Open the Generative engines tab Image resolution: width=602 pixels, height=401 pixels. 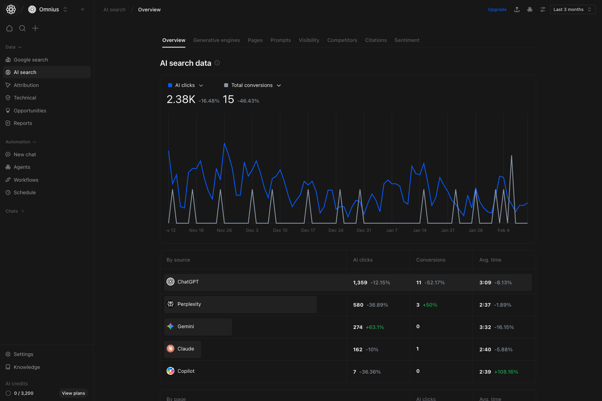tap(216, 40)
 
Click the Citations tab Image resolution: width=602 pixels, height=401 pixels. tap(375, 40)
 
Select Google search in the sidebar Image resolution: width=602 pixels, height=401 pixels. tap(31, 60)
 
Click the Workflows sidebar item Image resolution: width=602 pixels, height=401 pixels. tap(26, 180)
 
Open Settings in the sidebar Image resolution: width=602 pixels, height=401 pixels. tap(24, 354)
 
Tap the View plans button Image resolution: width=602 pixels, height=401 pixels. tap(73, 393)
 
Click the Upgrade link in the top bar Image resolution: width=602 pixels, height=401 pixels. tap(497, 9)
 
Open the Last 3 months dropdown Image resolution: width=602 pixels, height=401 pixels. tap(572, 9)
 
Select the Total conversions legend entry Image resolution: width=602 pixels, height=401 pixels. tap(252, 85)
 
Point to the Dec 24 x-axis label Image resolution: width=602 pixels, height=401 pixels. tap(336, 230)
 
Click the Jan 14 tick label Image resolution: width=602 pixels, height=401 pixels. tap(419, 230)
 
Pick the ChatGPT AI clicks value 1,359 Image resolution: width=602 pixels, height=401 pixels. tap(360, 283)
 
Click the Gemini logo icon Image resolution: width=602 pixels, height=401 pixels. tap(170, 327)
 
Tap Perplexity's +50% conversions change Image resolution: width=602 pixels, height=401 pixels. tap(430, 305)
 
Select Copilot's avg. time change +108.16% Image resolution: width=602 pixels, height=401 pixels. tap(506, 372)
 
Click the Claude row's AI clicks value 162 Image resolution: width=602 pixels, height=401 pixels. tap(358, 350)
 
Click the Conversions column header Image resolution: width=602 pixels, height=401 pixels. tap(431, 260)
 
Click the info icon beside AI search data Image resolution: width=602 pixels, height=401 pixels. tap(217, 63)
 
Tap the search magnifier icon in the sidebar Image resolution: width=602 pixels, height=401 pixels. tap(22, 28)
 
